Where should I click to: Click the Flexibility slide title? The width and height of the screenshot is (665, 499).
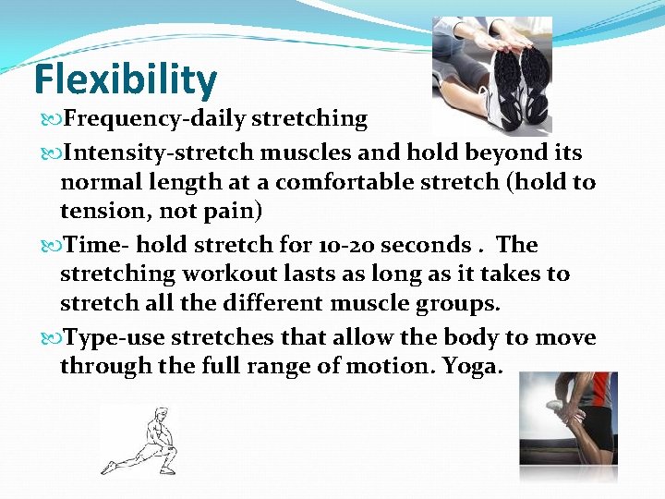coord(125,80)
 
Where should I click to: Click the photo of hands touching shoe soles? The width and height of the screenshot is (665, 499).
coord(492,74)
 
